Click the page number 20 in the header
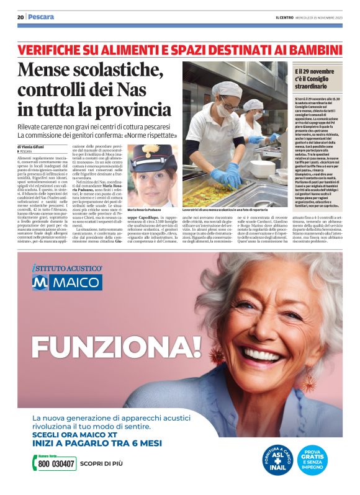pyautogui.click(x=20, y=17)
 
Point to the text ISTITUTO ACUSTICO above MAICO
pyautogui.click(x=67, y=267)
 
